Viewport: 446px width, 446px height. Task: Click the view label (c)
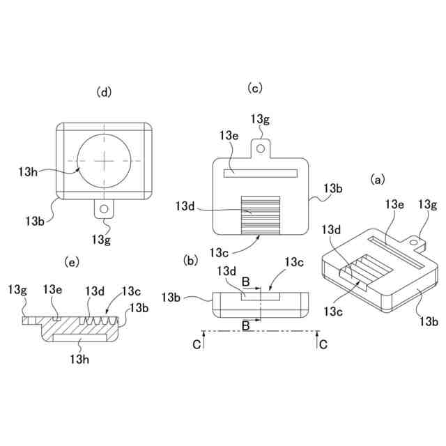point(254,87)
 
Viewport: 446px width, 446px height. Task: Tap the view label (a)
point(377,179)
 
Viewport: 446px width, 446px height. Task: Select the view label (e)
point(71,261)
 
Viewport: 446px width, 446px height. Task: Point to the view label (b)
point(190,261)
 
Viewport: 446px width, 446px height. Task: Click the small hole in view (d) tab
point(104,208)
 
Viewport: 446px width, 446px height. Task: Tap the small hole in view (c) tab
point(261,148)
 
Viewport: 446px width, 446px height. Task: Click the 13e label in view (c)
point(229,134)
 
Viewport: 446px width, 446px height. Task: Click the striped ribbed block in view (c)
point(261,215)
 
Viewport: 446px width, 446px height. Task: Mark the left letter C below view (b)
point(197,344)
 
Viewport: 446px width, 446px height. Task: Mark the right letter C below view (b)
point(323,344)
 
